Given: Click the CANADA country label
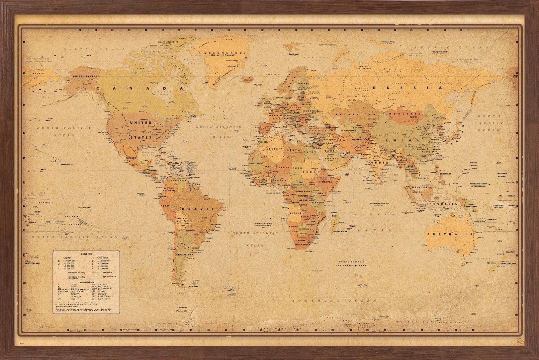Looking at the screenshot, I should click(x=140, y=88).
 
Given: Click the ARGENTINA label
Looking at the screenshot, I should click(x=184, y=254).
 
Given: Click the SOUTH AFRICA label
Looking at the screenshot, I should click(x=303, y=245).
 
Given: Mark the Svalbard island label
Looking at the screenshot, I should click(x=294, y=54).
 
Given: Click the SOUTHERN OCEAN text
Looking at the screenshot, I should click(x=334, y=301).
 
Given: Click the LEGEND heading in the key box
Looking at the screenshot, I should click(x=86, y=253).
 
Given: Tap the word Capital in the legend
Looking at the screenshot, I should click(x=67, y=257).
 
